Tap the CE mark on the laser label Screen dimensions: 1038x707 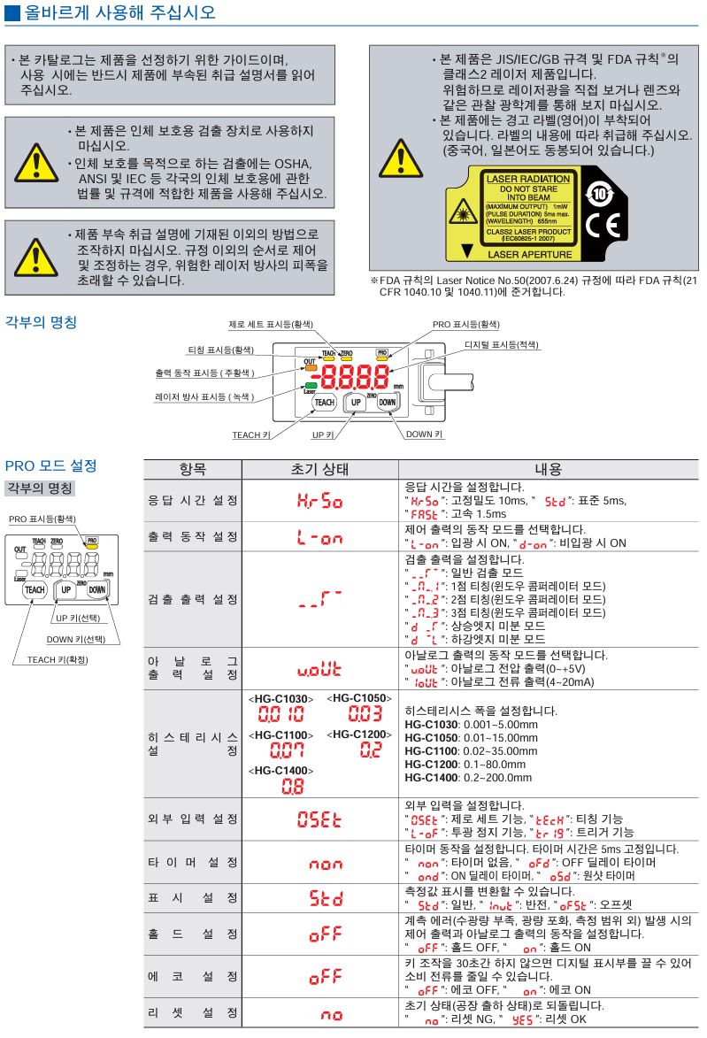tap(601, 227)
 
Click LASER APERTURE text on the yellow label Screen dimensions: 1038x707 tap(527, 254)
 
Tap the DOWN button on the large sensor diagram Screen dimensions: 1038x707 tap(387, 402)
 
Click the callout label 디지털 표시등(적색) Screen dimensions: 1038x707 tap(502, 344)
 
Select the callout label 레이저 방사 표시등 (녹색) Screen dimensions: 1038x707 tap(204, 397)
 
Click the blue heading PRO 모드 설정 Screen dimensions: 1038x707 tap(50, 465)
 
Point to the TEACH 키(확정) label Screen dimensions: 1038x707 tap(58, 660)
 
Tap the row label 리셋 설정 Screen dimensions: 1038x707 tap(192, 1012)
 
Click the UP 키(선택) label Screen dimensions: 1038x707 tap(78, 618)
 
